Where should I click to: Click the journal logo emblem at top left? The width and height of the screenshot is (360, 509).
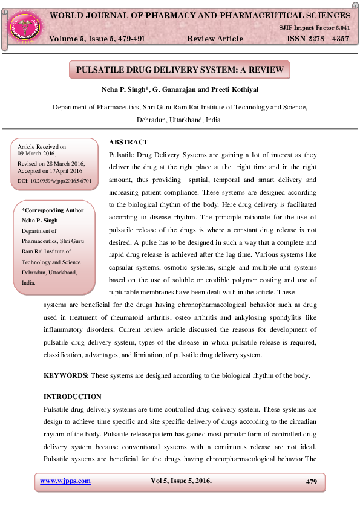click(25, 25)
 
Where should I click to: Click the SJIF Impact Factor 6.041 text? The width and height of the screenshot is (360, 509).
click(314, 28)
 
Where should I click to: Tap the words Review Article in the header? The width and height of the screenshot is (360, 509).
click(215, 39)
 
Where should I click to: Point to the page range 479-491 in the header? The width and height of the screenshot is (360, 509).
click(128, 39)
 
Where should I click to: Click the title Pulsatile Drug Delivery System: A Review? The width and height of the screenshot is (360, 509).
click(180, 70)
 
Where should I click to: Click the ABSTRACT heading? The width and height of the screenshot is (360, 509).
click(128, 142)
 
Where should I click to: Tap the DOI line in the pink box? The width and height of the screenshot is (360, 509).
click(54, 180)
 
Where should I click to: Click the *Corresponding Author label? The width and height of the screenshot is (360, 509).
click(53, 210)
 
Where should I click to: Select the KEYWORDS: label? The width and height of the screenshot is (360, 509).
click(66, 375)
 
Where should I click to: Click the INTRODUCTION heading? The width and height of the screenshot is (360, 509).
click(73, 397)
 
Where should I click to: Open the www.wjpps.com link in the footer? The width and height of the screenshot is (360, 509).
click(65, 481)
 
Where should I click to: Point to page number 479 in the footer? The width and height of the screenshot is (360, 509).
click(312, 482)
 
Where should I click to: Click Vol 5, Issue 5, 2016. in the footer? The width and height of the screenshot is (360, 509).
click(181, 481)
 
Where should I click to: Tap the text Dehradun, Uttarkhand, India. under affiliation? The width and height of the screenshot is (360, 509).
click(179, 120)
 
